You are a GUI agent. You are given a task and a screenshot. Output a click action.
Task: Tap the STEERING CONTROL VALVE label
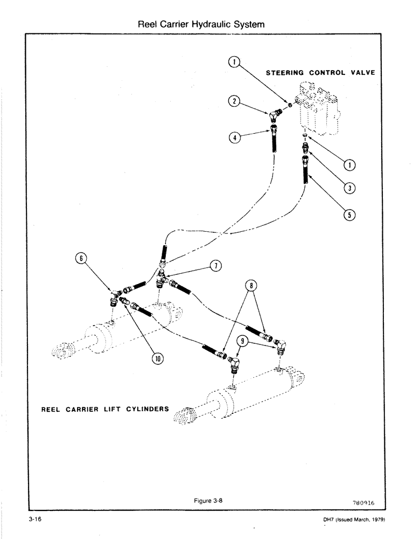coord(320,73)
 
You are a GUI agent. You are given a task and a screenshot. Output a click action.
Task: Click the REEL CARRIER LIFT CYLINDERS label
coord(105,409)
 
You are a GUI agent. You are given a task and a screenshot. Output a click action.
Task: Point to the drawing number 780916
coord(363,502)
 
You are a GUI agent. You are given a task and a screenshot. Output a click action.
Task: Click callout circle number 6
coord(82,259)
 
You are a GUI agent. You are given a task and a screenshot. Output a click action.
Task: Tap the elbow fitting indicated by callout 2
coord(275,114)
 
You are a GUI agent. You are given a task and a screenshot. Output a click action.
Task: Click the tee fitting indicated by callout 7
coord(162,278)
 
